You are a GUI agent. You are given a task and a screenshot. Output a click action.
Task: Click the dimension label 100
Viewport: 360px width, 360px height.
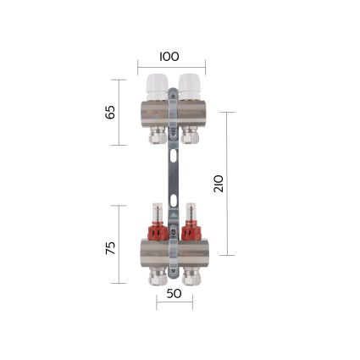coord(169,57)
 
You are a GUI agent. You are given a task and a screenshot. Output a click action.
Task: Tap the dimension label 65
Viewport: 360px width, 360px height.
coord(110,112)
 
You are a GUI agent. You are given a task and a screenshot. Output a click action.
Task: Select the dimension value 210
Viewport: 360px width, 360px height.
coord(219,184)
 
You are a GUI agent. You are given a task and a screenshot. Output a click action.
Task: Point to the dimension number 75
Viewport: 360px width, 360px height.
coord(110,248)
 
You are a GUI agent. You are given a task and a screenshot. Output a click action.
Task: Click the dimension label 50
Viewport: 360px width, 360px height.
coord(174,294)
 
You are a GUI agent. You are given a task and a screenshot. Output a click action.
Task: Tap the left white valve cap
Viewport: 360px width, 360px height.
coord(157,86)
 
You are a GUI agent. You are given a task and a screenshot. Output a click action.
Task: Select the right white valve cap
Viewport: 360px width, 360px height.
coord(189,86)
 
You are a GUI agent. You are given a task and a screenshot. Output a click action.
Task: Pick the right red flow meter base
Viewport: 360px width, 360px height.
coord(190,230)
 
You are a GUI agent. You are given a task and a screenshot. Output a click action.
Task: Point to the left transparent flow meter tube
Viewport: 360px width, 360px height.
coord(157,213)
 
